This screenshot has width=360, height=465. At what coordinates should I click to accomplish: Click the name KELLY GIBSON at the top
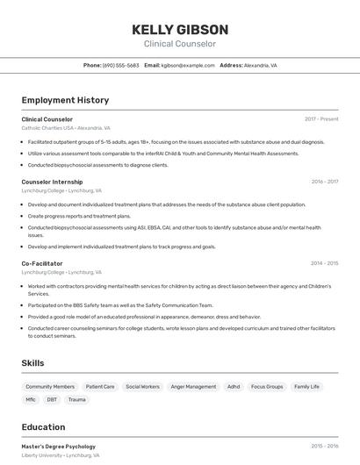click(x=179, y=29)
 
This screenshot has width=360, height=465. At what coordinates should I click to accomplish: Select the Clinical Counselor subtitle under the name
click(x=179, y=44)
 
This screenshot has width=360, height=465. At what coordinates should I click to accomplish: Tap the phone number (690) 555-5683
click(x=121, y=66)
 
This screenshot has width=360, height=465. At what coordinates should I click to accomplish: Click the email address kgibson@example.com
click(x=187, y=66)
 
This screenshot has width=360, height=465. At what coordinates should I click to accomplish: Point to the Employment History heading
click(x=65, y=101)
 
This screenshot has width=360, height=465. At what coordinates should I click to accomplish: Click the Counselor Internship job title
click(x=52, y=182)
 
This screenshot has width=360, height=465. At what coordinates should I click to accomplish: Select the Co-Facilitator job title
click(x=42, y=263)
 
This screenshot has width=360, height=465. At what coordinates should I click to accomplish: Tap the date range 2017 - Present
click(x=321, y=119)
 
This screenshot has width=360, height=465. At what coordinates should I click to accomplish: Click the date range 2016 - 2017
click(x=324, y=182)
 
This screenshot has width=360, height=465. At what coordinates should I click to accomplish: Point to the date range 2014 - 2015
click(x=324, y=263)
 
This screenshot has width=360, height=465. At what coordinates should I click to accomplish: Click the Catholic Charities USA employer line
click(x=66, y=128)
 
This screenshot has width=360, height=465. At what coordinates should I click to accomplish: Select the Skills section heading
click(x=33, y=363)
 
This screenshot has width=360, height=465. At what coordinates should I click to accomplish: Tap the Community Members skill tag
click(x=50, y=386)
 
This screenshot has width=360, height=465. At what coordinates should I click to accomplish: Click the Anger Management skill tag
click(x=193, y=386)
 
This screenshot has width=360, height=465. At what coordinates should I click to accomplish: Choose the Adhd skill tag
click(x=234, y=386)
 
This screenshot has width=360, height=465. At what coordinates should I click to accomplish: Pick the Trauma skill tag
click(x=77, y=400)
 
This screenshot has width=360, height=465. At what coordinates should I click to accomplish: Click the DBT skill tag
click(x=52, y=400)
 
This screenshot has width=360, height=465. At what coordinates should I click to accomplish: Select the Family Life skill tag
click(x=307, y=386)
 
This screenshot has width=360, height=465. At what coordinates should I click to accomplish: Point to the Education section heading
click(x=44, y=427)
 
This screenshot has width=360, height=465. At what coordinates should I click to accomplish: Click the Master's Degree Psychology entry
click(x=59, y=447)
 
